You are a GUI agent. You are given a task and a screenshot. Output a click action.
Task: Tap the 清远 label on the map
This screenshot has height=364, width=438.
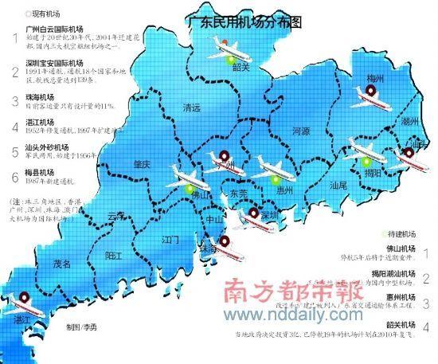click(191, 108)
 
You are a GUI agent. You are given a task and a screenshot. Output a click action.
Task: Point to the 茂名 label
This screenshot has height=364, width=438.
click(62, 263)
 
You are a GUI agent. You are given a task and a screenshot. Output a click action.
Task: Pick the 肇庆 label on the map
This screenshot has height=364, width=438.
click(143, 164)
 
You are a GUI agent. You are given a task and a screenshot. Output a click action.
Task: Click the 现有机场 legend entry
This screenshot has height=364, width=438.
click(45, 14)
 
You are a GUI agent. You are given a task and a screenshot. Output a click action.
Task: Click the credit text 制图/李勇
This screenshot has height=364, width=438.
click(84, 328)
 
